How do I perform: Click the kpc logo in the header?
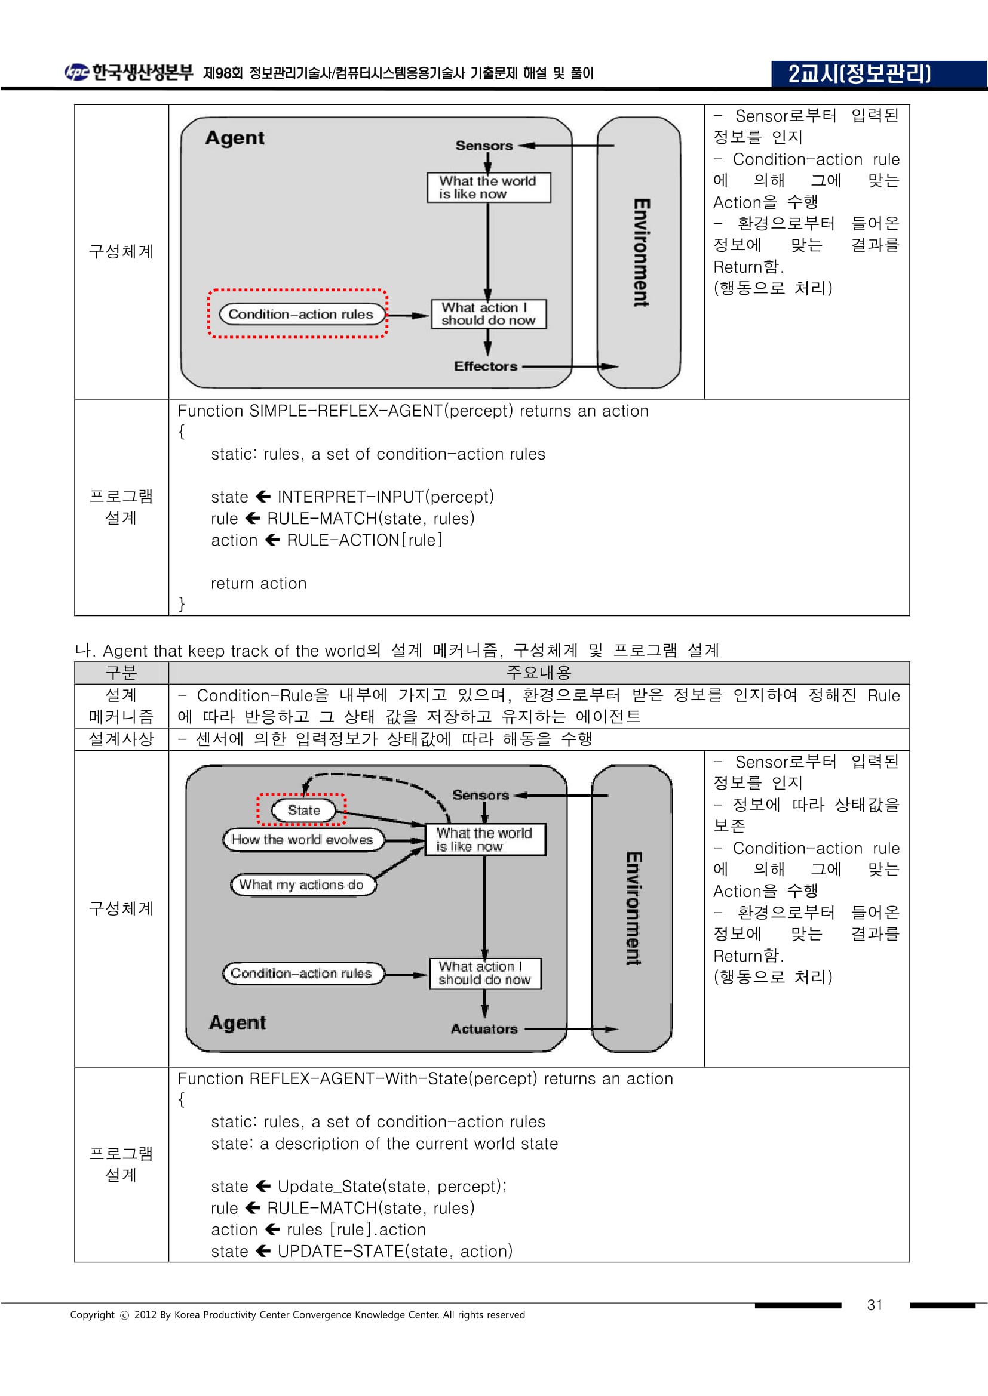(76, 72)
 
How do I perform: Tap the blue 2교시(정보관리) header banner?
(879, 73)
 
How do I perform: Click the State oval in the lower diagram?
(303, 810)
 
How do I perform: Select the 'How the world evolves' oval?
(303, 839)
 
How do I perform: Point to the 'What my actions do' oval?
(303, 884)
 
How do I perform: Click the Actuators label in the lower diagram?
(484, 1029)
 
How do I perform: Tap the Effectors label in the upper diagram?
(486, 366)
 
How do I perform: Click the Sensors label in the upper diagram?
(484, 145)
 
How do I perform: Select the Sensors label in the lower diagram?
(481, 794)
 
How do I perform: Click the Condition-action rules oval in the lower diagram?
(303, 973)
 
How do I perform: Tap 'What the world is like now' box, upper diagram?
(489, 187)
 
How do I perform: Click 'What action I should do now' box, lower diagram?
(486, 973)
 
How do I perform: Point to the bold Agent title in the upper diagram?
(235, 138)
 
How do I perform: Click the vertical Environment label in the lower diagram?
(633, 908)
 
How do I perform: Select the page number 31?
(875, 1305)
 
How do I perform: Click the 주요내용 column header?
(538, 673)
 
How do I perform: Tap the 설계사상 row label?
(121, 739)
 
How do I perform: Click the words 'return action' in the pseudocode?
(259, 583)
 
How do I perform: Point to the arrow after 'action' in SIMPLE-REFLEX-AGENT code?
(272, 540)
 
